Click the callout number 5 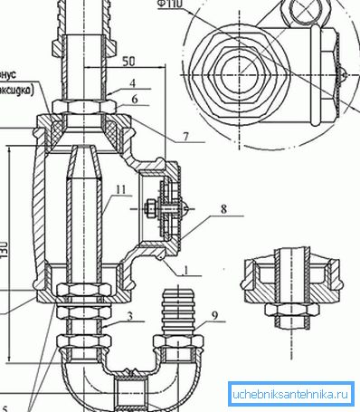(x=5, y=406)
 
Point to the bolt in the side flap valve (x=160, y=209)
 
